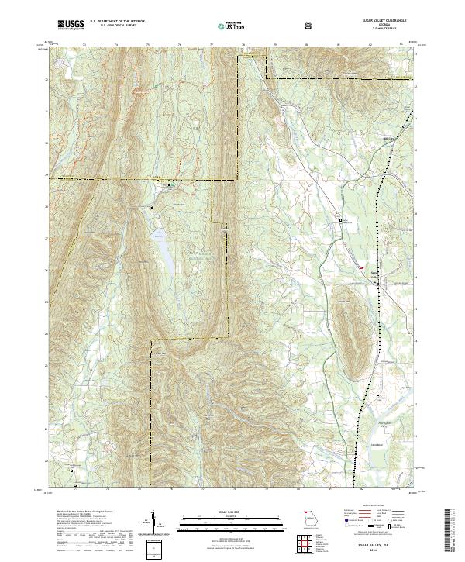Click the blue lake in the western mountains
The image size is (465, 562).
pyautogui.click(x=164, y=247)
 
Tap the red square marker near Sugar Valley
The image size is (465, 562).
pyautogui.click(x=360, y=267)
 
